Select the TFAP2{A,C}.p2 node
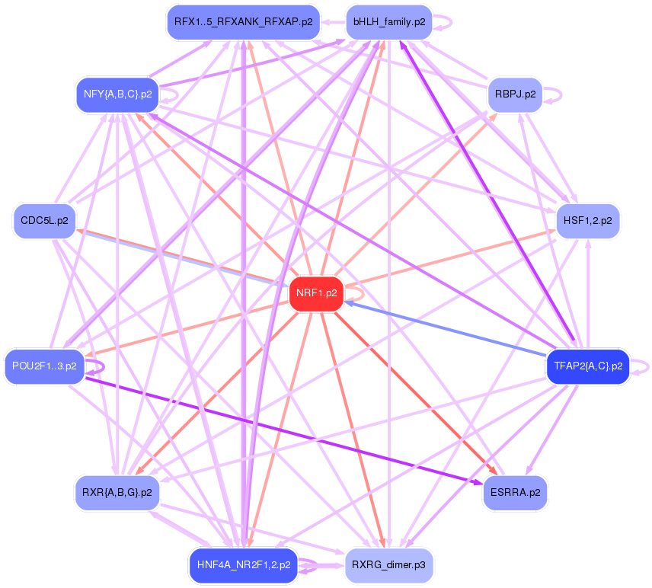coord(588,366)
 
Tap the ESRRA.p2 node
coord(515,492)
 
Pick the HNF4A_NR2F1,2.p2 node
coord(243,565)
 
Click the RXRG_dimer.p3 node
coord(388,565)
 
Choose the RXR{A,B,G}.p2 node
coord(117,492)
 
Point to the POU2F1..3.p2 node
coord(44,366)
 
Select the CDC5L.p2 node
coord(44,221)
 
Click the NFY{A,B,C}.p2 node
coord(117,95)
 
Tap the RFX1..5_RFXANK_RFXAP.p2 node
coord(243,22)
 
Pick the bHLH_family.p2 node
coord(388,22)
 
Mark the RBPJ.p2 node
coord(515,95)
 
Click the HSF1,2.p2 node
coord(588,221)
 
